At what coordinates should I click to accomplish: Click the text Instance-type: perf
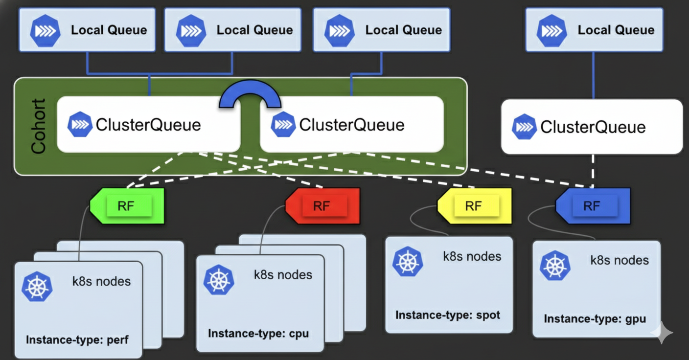(x=77, y=339)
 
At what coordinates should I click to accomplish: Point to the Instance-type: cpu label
(x=258, y=334)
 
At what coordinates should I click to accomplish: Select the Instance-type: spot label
(x=448, y=315)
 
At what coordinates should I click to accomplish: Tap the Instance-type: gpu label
(x=595, y=319)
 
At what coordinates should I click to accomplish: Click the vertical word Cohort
(x=38, y=126)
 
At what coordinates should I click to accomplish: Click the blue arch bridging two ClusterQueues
(x=250, y=93)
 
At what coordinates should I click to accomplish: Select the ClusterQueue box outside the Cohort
(x=592, y=127)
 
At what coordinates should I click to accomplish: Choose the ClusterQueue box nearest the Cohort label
(x=148, y=125)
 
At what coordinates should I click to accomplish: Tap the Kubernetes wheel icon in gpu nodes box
(x=555, y=266)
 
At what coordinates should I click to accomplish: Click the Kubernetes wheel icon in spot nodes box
(x=408, y=262)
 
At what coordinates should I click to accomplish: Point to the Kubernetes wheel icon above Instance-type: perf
(x=37, y=287)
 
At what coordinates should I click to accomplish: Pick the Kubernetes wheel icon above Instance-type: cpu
(x=219, y=280)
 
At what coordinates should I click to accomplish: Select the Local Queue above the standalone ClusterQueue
(x=594, y=30)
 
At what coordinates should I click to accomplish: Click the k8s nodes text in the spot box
(x=472, y=256)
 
